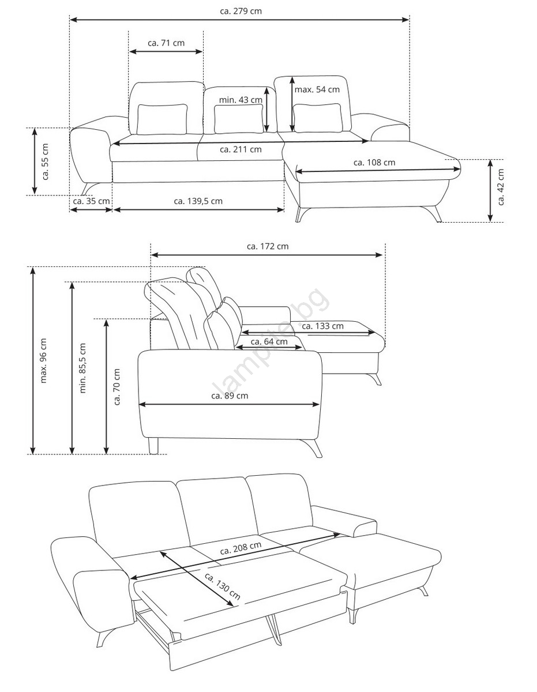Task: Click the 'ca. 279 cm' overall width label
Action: pyautogui.click(x=241, y=11)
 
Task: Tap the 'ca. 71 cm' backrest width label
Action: pyautogui.click(x=166, y=43)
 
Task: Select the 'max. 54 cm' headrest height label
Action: pyautogui.click(x=317, y=89)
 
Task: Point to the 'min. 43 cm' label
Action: pyautogui.click(x=241, y=100)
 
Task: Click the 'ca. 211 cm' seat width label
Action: pyautogui.click(x=241, y=149)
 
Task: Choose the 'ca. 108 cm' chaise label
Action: pyautogui.click(x=374, y=163)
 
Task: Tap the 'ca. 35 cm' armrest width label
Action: pyautogui.click(x=91, y=201)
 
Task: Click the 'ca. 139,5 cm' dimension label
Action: pyautogui.click(x=198, y=201)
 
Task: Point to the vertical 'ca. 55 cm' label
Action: pyautogui.click(x=45, y=162)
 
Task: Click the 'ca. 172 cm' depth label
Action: pyautogui.click(x=268, y=246)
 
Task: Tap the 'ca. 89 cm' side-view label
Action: pyautogui.click(x=230, y=396)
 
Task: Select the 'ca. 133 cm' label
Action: pyautogui.click(x=322, y=326)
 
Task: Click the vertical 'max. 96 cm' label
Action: pyautogui.click(x=44, y=360)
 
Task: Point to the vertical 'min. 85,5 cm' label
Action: pyautogui.click(x=82, y=368)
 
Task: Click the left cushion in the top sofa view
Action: pyautogui.click(x=162, y=119)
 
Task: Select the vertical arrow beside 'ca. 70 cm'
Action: pyautogui.click(x=106, y=386)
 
